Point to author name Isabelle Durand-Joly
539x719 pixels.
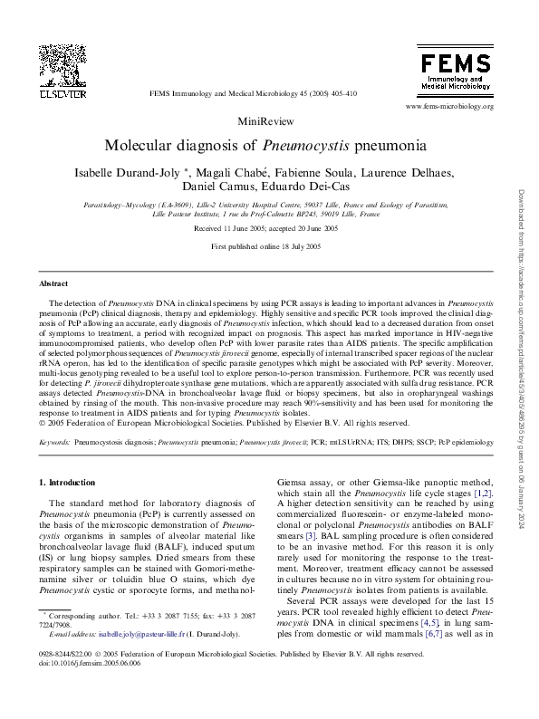coord(162,174)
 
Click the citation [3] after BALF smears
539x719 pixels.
coord(308,535)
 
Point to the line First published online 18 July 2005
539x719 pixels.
coord(265,246)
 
